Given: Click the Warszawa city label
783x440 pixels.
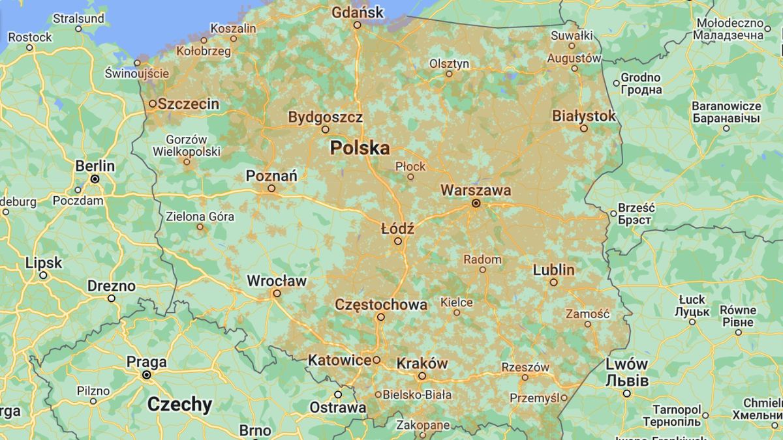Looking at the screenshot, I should (476, 190).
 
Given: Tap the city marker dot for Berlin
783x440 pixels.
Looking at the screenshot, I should (95, 179).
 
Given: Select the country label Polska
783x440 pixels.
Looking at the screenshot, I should (360, 148).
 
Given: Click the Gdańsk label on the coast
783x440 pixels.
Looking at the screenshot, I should (356, 12).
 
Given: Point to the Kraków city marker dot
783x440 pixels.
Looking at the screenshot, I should (422, 376).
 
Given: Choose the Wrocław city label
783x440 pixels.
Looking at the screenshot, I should (276, 281).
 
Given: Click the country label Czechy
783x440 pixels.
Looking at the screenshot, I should (179, 404).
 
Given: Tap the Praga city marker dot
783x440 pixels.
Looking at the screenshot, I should (147, 375).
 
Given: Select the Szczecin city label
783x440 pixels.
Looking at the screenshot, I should (189, 104).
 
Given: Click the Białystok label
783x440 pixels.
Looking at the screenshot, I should (583, 116).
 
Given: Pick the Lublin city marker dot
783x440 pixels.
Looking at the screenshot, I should (553, 282).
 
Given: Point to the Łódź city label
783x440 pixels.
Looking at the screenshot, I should (397, 229).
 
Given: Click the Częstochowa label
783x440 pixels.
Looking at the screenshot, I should (381, 304).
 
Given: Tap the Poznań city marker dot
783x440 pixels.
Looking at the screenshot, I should (271, 188).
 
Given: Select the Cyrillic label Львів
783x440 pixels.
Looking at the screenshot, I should (626, 380).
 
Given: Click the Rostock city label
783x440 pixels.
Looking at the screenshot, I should (30, 37).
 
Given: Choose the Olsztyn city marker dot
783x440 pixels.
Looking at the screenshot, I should (449, 74).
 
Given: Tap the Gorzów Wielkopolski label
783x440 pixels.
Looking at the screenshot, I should (186, 145).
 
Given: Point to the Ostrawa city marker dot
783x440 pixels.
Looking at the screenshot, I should (338, 394).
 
